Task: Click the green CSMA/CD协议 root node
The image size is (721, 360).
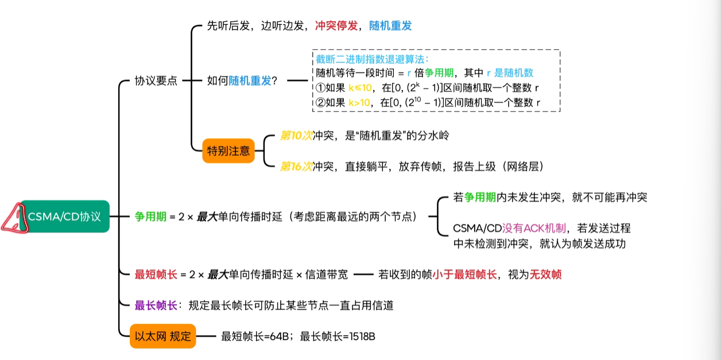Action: (65, 216)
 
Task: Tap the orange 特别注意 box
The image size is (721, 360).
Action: (228, 150)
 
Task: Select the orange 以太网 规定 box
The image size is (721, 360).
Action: (163, 336)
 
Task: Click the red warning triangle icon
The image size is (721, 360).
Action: (15, 218)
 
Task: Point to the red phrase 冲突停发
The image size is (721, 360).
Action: (336, 26)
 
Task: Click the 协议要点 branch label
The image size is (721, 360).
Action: (156, 80)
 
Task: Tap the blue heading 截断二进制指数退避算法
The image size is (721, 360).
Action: (370, 59)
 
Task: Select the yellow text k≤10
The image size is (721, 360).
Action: (360, 88)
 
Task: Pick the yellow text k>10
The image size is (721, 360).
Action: (359, 103)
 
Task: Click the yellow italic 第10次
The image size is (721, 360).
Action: (296, 136)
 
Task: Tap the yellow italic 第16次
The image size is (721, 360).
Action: (296, 167)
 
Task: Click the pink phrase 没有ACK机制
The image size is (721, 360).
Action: (534, 229)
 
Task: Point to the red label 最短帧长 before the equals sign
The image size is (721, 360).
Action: (156, 274)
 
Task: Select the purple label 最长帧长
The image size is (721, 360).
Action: (156, 305)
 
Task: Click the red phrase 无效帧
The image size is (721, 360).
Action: (545, 274)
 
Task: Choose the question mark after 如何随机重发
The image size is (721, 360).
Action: (274, 80)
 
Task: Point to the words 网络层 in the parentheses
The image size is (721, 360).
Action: (523, 167)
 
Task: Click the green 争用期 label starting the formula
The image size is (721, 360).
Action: (150, 216)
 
